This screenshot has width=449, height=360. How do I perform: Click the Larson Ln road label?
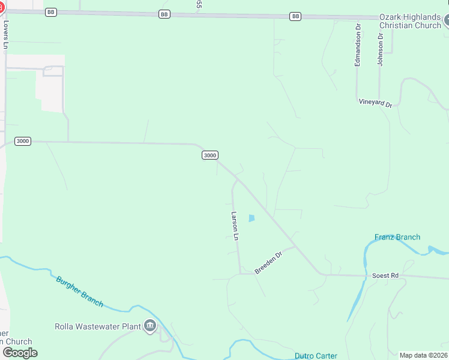coord(235,226)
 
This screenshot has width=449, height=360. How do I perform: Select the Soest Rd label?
coord(385,275)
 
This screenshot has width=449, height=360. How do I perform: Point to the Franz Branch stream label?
coord(397,237)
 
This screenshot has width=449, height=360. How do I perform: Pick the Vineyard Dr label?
coord(375,103)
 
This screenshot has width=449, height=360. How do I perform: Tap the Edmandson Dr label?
coord(358,45)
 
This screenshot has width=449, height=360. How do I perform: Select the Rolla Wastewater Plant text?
coord(97,327)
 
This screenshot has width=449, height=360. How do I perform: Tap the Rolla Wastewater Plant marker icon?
coord(149,327)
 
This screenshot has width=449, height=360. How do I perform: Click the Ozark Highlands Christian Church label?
coord(410,21)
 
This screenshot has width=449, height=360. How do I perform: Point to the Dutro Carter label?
coord(316,356)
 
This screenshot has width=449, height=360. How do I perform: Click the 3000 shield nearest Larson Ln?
coord(209,155)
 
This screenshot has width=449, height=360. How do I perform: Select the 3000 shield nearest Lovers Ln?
coord(22,141)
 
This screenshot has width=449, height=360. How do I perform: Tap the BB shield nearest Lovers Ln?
coord(51,11)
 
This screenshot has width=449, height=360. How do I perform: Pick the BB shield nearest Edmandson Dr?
coord(295,16)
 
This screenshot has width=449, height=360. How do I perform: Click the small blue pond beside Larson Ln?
coord(252,218)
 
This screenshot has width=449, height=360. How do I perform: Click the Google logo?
coord(20,352)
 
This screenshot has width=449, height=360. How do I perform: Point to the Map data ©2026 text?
coord(423,355)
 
